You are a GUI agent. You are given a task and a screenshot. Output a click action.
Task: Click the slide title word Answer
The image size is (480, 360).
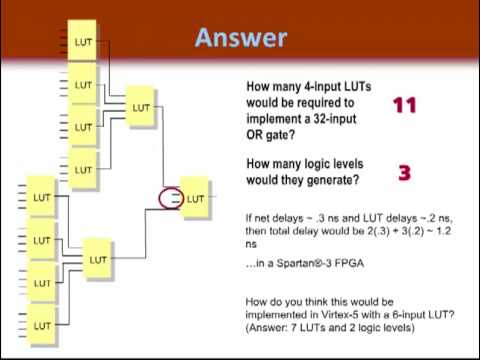(x=241, y=38)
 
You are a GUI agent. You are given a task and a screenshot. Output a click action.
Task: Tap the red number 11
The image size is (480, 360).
(x=405, y=105)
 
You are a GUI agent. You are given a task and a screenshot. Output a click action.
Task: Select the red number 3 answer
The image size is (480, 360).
(x=405, y=173)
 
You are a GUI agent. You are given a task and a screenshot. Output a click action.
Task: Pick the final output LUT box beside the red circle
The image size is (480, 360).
(x=195, y=198)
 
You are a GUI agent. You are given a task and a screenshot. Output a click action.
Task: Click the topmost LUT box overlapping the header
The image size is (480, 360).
(x=82, y=41)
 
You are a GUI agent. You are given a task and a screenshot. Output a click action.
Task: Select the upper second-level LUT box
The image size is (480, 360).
(x=141, y=107)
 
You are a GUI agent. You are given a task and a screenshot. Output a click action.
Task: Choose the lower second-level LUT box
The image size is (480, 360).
(x=97, y=259)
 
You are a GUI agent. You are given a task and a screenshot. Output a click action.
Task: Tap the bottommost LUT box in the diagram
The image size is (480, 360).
(x=41, y=325)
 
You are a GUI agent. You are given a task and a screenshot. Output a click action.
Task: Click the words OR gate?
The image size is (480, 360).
(x=270, y=135)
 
